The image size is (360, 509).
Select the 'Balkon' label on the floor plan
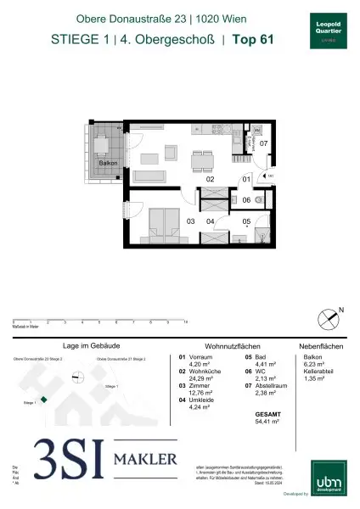(107, 161)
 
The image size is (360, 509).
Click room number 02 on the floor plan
(209, 179)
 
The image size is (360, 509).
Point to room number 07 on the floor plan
(263, 143)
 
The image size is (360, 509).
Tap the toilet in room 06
(263, 200)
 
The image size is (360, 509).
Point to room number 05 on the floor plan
(245, 222)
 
